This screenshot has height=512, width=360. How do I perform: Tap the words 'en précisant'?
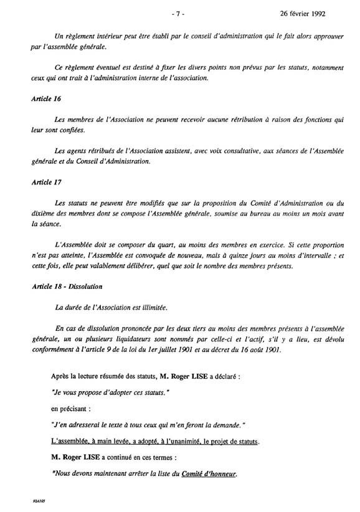point(69,411)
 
